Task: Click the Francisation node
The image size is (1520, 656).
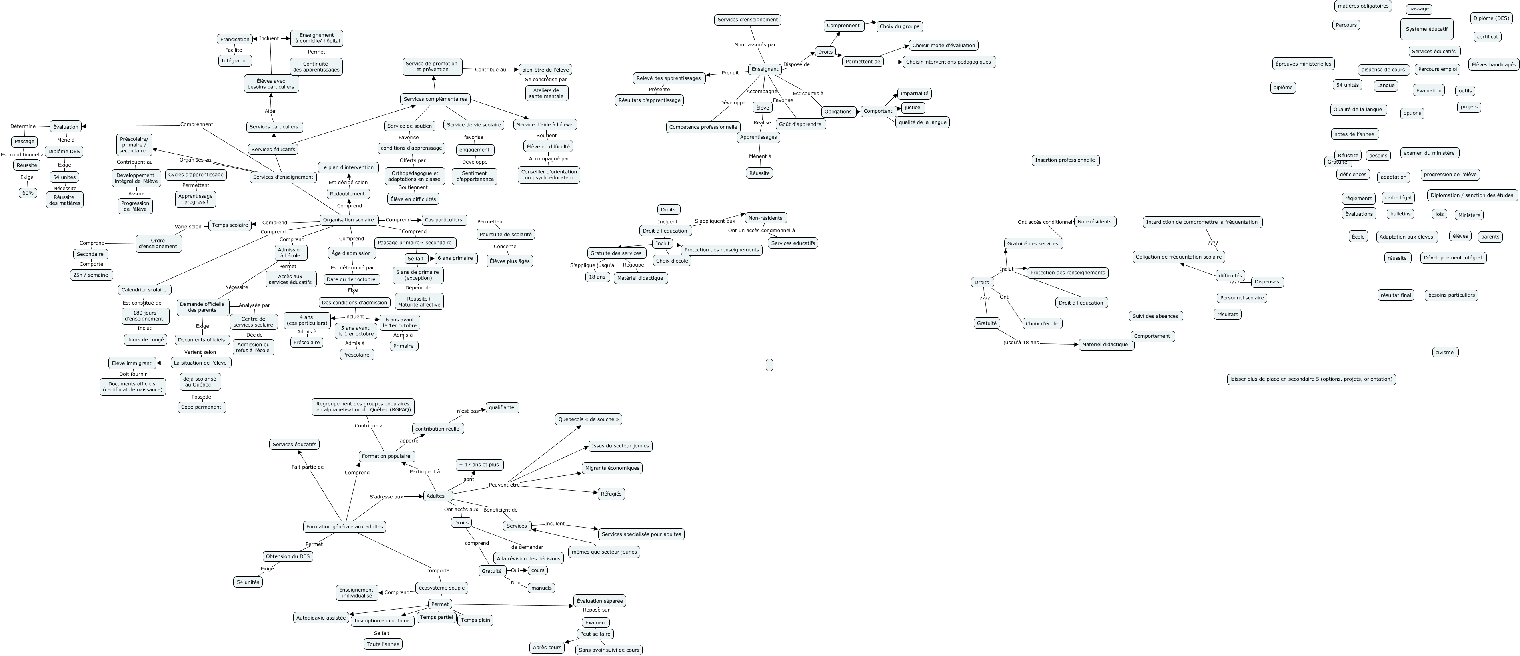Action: (234, 39)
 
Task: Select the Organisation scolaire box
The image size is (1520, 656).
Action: (349, 220)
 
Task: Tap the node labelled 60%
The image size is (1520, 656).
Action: (28, 193)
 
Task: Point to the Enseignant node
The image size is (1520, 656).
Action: (765, 69)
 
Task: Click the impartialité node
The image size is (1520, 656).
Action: (914, 93)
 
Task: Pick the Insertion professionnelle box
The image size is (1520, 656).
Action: (1065, 160)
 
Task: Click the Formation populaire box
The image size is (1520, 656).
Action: (386, 456)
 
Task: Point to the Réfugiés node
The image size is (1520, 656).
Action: (611, 494)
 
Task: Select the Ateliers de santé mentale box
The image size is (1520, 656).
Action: (546, 93)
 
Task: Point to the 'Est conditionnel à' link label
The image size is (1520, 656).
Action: (22, 155)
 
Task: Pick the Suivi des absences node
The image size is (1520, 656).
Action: (1155, 316)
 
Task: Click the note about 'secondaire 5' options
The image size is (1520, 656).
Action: (1311, 379)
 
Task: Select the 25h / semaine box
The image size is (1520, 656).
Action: (91, 275)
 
